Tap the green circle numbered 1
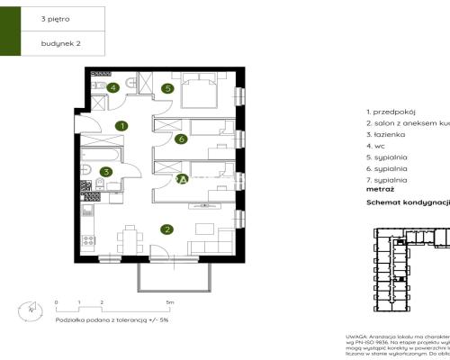121,126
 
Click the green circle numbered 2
166,229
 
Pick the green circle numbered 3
106,172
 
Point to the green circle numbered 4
113,87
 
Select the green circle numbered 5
167,88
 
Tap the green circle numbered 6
181,139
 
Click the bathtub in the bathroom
96,154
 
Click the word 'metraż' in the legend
381,191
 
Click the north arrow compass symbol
33,310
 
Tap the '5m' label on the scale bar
169,302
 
